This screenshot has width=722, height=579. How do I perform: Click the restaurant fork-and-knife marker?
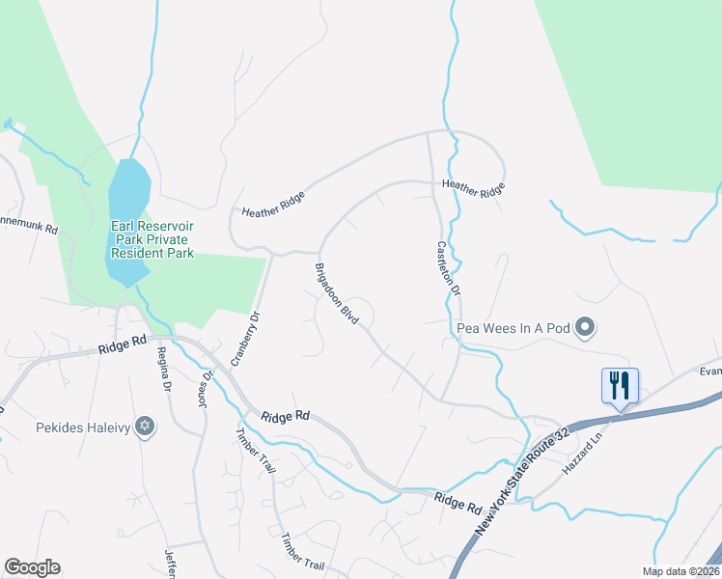619,385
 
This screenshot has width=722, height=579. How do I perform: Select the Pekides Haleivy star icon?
145,426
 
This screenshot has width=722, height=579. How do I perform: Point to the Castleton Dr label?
449,269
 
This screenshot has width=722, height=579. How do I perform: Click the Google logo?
32,567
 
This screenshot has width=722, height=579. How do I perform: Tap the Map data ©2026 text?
680,571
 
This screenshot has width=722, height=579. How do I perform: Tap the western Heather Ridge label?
273,205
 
